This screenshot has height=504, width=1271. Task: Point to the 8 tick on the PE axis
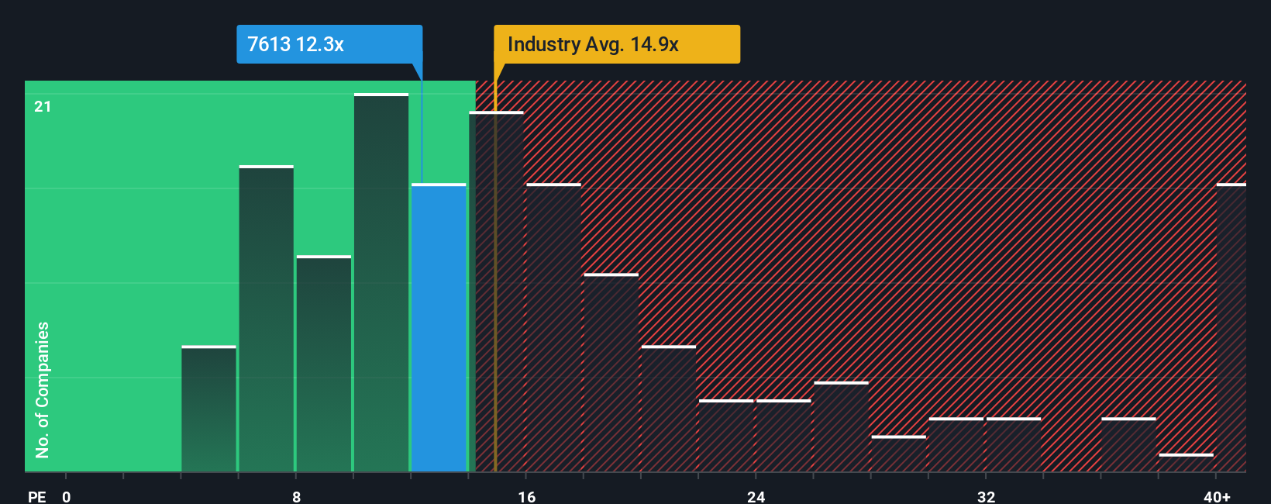296,496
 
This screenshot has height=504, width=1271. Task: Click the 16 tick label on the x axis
526,496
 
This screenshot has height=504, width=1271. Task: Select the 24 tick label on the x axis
756,496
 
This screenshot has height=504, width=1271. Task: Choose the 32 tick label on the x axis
986,496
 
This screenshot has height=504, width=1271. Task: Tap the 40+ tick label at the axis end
1217,496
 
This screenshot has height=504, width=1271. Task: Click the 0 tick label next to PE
67,496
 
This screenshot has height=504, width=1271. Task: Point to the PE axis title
36,496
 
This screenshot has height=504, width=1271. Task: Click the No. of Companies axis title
43,389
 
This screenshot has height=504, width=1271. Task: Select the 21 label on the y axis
43,106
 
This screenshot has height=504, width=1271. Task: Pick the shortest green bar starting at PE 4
208,409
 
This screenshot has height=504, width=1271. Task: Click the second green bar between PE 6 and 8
266,319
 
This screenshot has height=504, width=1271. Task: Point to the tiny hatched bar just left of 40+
1186,462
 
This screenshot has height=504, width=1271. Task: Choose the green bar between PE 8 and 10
323,364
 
